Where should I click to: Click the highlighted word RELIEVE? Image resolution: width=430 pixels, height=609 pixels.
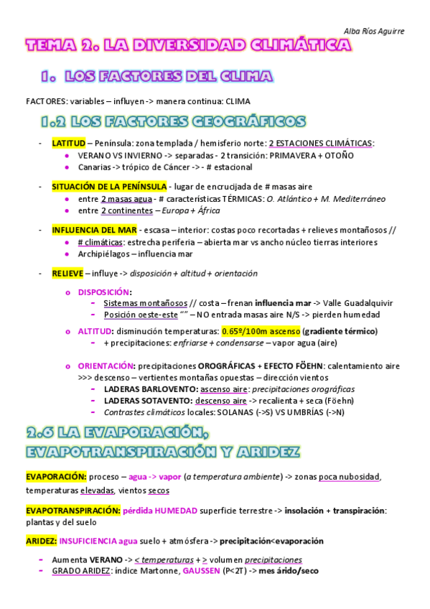pos(67,274)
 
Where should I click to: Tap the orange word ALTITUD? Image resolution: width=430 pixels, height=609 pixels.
pos(94,331)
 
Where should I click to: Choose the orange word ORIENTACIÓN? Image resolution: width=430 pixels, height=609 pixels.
pos(106,366)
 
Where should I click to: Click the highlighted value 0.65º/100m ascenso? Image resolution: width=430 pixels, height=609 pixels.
pos(261,331)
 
